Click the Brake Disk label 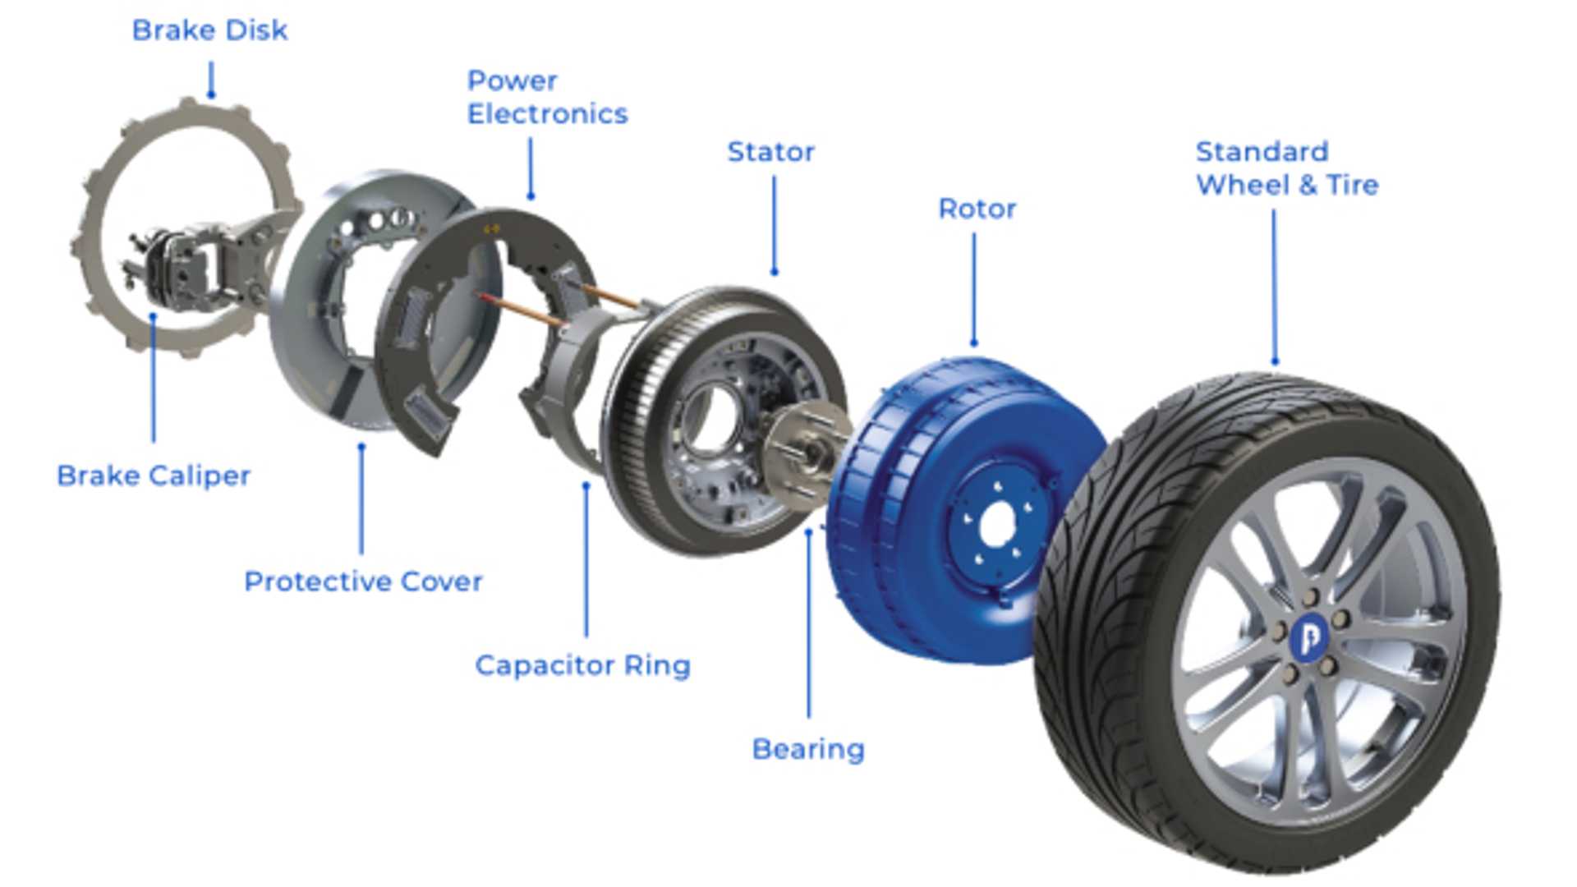pos(209,30)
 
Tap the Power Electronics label pos(547,97)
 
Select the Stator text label pos(770,152)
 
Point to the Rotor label pos(977,209)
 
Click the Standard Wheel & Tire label pos(1286,168)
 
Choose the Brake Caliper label pos(154,476)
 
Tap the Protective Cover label pos(363,581)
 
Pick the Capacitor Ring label pos(582,665)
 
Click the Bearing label pos(808,749)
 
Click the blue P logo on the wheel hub pos(1309,637)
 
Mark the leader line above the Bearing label pos(809,624)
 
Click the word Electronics pos(547,114)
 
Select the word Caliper pos(200,476)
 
